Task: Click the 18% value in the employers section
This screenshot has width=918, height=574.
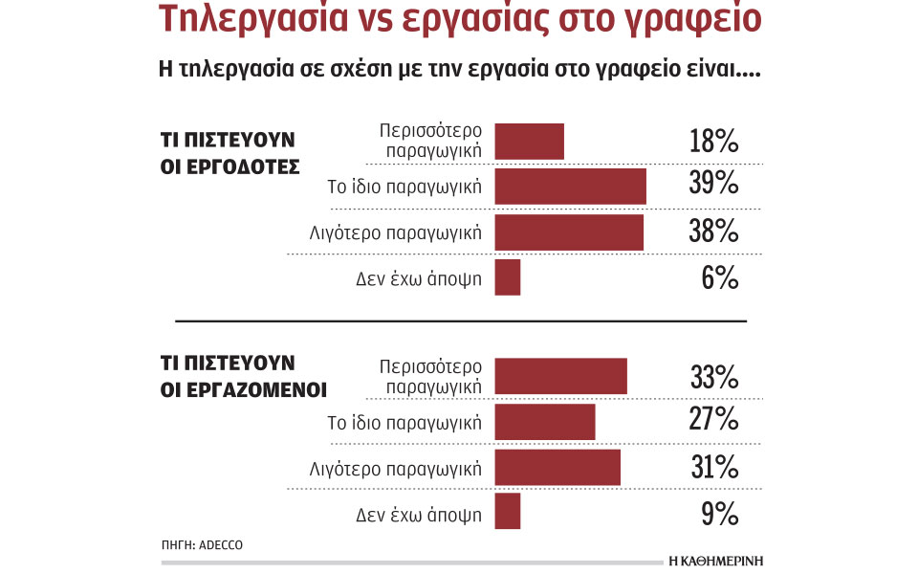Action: pos(713,141)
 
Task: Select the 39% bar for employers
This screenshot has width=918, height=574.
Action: pos(570,186)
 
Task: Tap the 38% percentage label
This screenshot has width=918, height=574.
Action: pos(713,231)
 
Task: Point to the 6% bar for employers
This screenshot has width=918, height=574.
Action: pos(508,277)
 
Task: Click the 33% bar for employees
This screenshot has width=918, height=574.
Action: pos(560,376)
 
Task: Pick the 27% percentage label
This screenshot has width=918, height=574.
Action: pos(713,420)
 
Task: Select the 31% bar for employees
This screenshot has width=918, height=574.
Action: pos(557,468)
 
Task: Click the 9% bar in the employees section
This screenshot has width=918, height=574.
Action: pos(508,512)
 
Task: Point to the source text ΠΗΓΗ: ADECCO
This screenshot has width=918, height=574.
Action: pos(202,544)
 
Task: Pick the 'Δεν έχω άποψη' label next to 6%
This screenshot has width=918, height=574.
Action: pos(418,278)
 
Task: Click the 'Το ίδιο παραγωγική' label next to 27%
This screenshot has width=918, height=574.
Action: pos(404,421)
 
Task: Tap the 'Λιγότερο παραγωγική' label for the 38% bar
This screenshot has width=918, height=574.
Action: pos(395,232)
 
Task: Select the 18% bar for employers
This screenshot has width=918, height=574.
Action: pos(529,141)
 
